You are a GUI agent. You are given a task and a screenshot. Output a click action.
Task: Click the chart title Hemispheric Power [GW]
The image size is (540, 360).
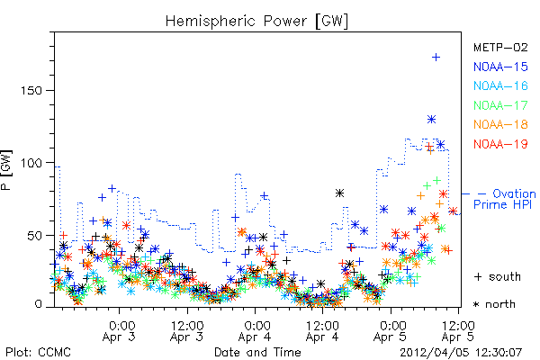pyautogui.click(x=256, y=21)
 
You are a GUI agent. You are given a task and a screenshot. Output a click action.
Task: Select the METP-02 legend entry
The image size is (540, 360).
pyautogui.click(x=500, y=47)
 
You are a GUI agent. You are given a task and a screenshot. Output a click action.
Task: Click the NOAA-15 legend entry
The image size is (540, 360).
pyautogui.click(x=500, y=67)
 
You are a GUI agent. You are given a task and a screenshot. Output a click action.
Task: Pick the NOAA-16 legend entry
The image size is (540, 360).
pyautogui.click(x=500, y=85)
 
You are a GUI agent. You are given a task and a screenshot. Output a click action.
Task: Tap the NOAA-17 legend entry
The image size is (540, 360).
pyautogui.click(x=500, y=105)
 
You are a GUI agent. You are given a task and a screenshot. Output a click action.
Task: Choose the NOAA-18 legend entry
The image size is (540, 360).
pyautogui.click(x=500, y=124)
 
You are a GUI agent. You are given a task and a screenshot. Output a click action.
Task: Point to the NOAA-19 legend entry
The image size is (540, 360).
pyautogui.click(x=500, y=144)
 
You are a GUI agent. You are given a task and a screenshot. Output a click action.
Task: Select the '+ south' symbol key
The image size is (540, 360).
pyautogui.click(x=498, y=276)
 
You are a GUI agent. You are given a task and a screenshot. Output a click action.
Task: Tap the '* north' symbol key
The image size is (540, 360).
pyautogui.click(x=494, y=304)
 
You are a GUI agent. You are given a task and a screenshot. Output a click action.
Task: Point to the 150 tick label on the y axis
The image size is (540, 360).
pyautogui.click(x=31, y=91)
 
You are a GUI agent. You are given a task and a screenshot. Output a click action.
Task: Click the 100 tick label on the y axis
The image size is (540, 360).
pyautogui.click(x=31, y=163)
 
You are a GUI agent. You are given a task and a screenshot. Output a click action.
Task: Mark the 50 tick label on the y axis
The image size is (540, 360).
pyautogui.click(x=35, y=236)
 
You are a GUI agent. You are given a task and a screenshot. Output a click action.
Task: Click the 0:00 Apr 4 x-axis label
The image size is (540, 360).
pyautogui.click(x=255, y=331)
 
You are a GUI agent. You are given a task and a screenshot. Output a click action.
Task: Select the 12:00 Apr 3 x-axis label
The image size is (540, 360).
pyautogui.click(x=187, y=331)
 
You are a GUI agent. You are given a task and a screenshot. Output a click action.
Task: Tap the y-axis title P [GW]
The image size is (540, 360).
pyautogui.click(x=6, y=170)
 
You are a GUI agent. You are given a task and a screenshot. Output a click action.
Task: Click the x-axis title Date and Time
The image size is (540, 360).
pyautogui.click(x=257, y=353)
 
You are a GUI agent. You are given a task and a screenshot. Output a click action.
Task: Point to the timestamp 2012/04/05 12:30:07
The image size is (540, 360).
pyautogui.click(x=461, y=353)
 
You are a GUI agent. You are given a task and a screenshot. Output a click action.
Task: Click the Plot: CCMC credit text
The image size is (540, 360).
pyautogui.click(x=38, y=353)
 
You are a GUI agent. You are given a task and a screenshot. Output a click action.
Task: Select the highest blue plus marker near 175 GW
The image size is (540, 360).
pyautogui.click(x=436, y=58)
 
